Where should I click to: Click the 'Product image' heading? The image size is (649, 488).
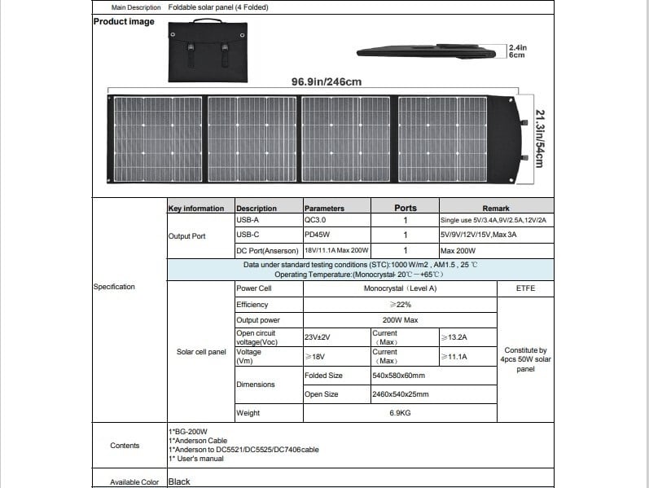click(124, 22)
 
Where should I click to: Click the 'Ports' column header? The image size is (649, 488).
click(405, 208)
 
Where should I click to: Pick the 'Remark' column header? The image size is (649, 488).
click(496, 208)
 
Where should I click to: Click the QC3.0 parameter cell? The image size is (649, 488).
click(316, 220)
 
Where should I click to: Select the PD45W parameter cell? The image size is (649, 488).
click(317, 235)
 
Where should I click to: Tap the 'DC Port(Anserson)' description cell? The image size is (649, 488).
click(268, 250)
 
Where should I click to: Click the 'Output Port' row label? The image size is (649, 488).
click(186, 235)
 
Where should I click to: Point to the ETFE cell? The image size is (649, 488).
click(525, 288)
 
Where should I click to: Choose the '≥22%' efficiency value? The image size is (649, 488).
click(400, 304)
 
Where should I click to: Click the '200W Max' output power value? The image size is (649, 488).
click(400, 320)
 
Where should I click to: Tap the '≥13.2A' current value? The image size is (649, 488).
click(454, 336)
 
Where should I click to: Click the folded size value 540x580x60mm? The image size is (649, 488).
click(398, 376)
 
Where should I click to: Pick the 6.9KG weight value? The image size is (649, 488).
click(400, 413)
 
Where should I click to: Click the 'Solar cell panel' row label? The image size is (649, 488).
click(201, 352)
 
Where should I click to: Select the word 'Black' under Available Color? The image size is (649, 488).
click(179, 481)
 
